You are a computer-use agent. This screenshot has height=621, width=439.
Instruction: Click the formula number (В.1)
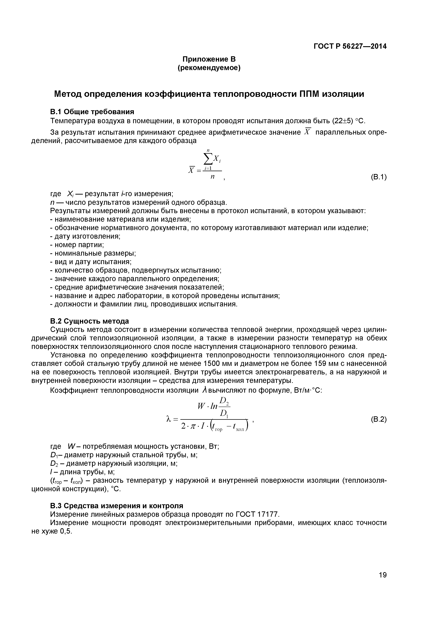tap(378, 177)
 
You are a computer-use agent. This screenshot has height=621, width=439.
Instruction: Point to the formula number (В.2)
tap(378, 420)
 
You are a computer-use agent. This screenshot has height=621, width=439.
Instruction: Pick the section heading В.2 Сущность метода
tap(90, 321)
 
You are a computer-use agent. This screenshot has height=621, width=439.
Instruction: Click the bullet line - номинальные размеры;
tap(93, 253)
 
